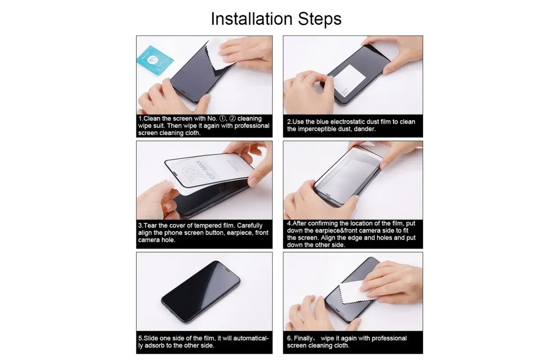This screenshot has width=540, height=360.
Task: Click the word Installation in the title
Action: click(x=252, y=18)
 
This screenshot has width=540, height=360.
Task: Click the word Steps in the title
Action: click(x=319, y=19)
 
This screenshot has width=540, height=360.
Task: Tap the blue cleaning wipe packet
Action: click(x=155, y=60)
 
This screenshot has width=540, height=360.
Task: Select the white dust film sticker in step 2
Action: click(x=350, y=81)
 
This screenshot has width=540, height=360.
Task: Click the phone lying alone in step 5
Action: click(x=201, y=291)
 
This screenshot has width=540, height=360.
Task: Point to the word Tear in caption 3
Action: click(x=150, y=226)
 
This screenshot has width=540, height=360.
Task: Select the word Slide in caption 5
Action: click(x=151, y=338)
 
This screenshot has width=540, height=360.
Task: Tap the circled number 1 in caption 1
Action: click(x=222, y=119)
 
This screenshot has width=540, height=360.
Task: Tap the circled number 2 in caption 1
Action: click(x=233, y=119)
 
